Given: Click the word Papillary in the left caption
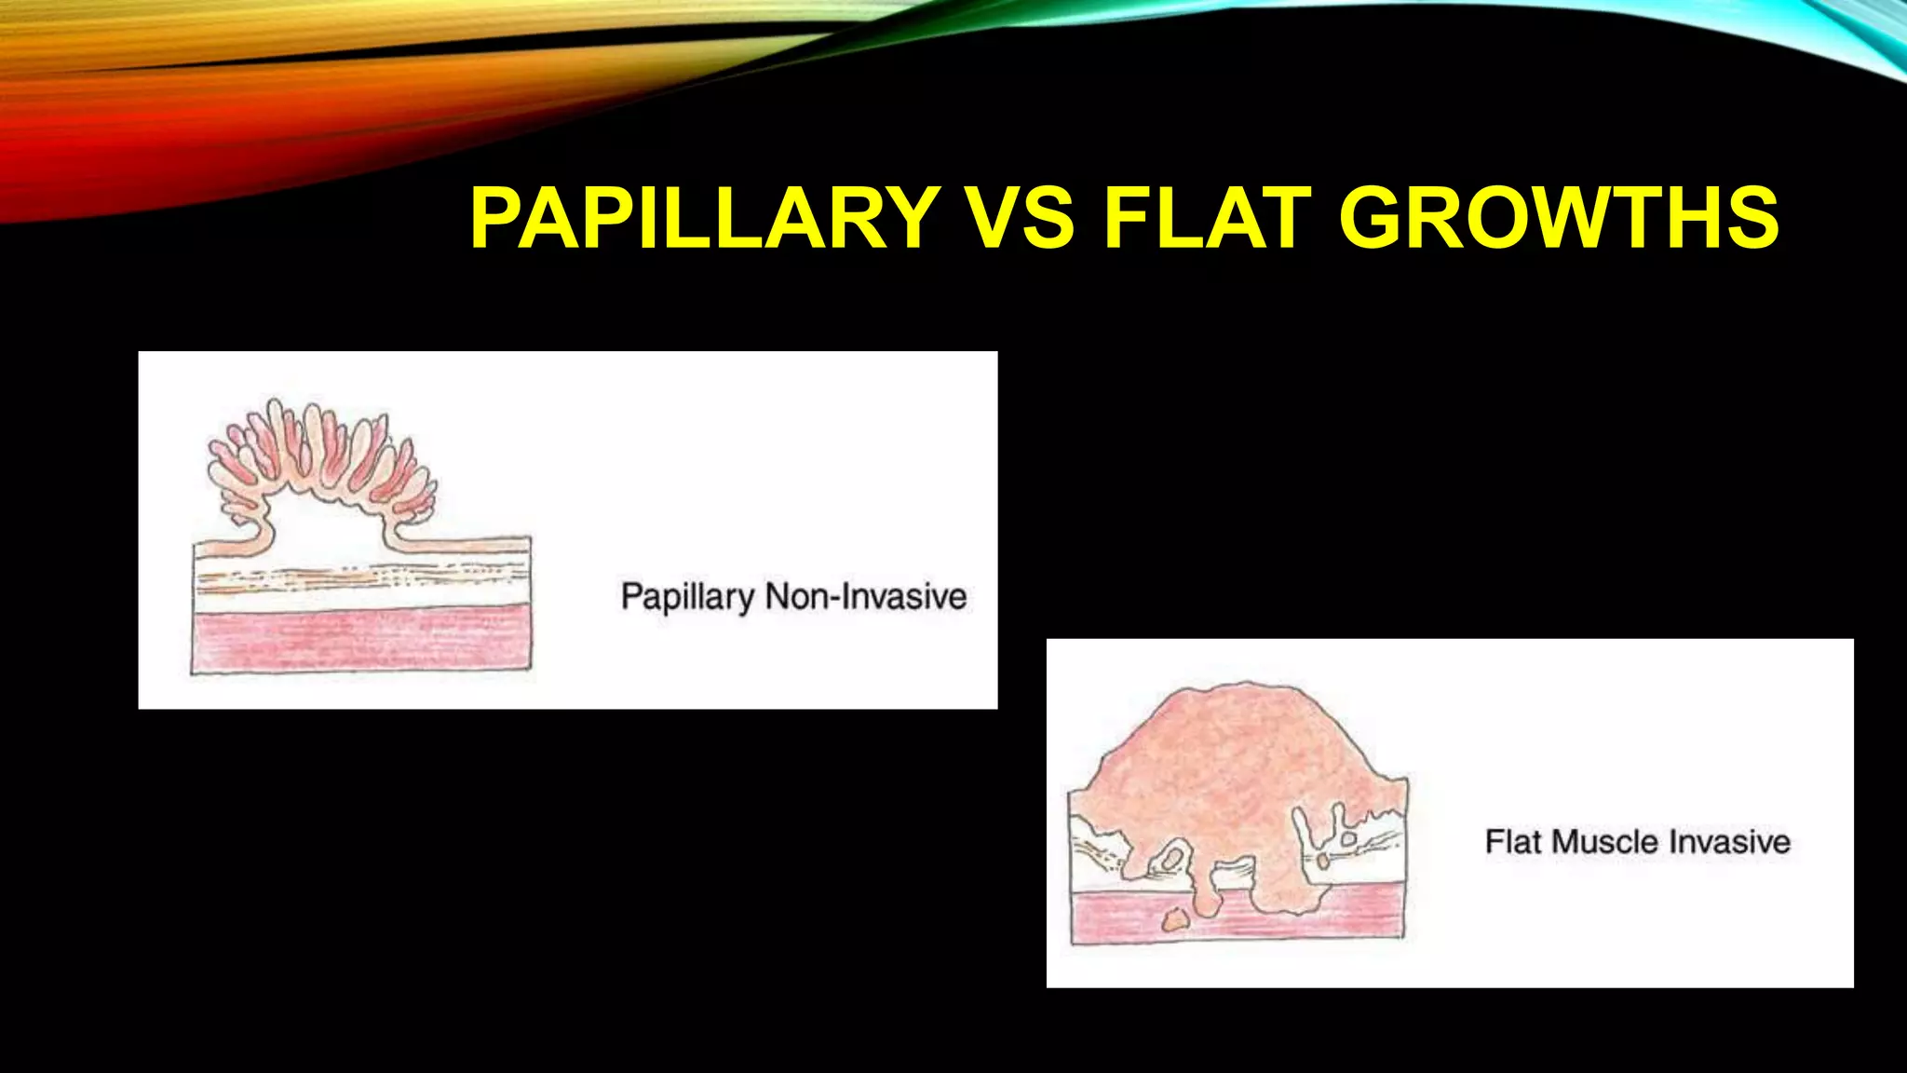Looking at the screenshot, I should [x=687, y=597].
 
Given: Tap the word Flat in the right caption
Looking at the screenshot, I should [x=1512, y=842].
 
